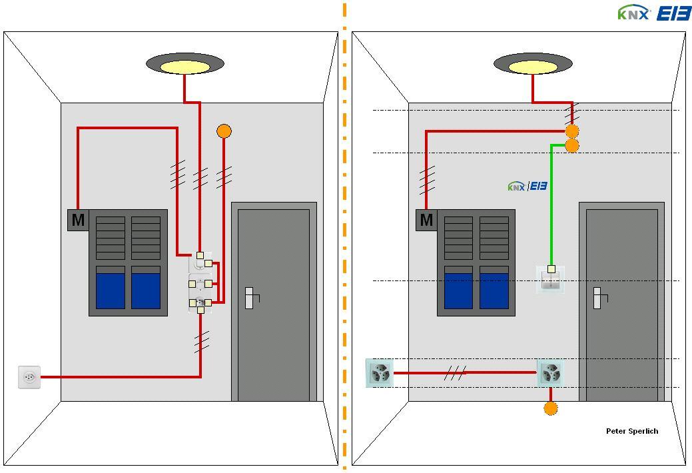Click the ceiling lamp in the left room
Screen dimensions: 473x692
click(x=185, y=65)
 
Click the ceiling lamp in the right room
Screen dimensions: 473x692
click(x=533, y=65)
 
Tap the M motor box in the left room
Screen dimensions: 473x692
click(x=78, y=220)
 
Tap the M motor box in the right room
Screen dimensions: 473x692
click(x=426, y=220)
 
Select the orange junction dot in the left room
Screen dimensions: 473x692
click(x=224, y=131)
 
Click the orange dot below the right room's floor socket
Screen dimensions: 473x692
click(x=551, y=408)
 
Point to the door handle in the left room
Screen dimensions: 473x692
click(x=249, y=298)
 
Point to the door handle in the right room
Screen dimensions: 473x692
click(x=597, y=298)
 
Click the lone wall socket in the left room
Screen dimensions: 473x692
click(x=29, y=377)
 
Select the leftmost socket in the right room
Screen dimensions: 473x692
click(x=380, y=373)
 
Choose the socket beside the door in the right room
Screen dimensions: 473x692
click(x=550, y=373)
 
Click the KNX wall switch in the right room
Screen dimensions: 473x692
click(x=551, y=279)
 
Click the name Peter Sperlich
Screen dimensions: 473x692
click(x=631, y=431)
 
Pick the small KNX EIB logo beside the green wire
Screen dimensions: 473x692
click(x=527, y=187)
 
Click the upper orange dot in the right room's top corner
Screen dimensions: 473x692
click(x=571, y=131)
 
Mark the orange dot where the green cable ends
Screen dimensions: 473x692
click(x=571, y=146)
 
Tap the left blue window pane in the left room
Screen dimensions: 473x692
click(x=111, y=290)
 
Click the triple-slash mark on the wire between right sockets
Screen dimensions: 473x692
click(x=455, y=373)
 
